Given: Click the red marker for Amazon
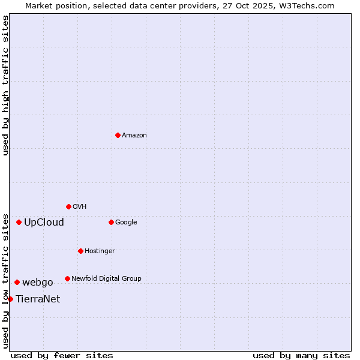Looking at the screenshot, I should click(118, 135).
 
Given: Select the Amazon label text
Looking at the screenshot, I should click(134, 136).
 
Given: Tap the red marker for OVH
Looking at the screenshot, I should click(68, 206).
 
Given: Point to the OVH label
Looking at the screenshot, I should click(80, 207).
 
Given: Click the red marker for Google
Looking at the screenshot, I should click(111, 222).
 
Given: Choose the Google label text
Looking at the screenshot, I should click(126, 223).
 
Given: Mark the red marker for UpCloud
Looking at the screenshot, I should click(19, 222).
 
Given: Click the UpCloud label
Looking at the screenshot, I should click(44, 223).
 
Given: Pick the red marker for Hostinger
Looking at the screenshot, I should click(80, 251).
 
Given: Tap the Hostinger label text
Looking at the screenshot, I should click(100, 251).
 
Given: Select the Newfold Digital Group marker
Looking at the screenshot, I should click(67, 278).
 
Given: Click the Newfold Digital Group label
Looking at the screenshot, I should click(106, 279).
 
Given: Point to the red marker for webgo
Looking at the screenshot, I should click(17, 282).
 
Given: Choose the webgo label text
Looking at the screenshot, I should click(38, 283).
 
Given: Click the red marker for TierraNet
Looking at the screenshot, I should click(10, 299).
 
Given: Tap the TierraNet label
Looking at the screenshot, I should click(38, 299).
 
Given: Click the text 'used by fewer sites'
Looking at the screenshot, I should click(62, 355).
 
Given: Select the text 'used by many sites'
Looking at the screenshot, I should click(301, 355).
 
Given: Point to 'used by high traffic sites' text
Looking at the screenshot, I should click(5, 85).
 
